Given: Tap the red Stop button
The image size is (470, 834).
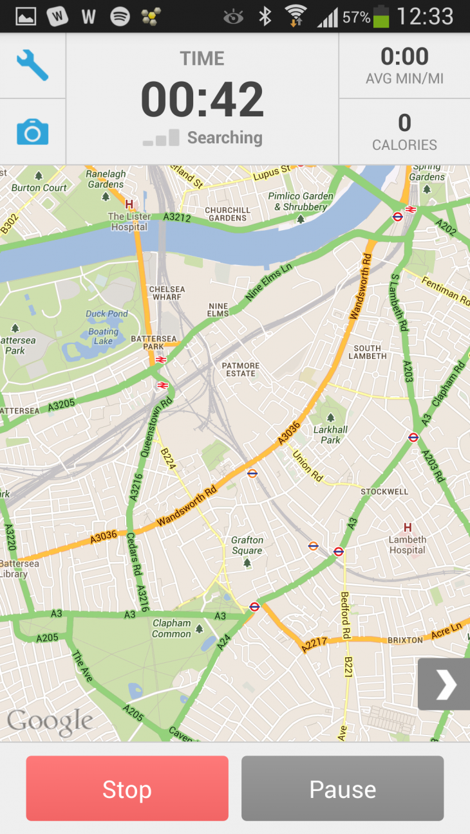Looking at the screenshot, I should pyautogui.click(x=127, y=788).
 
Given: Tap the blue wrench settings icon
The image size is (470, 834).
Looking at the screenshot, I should pyautogui.click(x=32, y=66).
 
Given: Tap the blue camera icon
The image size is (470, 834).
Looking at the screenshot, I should pyautogui.click(x=32, y=132).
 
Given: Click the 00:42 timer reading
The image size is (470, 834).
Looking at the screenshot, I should pyautogui.click(x=202, y=100).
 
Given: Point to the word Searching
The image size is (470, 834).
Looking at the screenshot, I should pyautogui.click(x=225, y=138).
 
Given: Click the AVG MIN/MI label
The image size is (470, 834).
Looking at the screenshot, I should pyautogui.click(x=404, y=80).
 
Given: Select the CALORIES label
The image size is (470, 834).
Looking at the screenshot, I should pyautogui.click(x=404, y=145).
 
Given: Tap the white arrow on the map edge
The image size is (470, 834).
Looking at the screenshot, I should pyautogui.click(x=445, y=684).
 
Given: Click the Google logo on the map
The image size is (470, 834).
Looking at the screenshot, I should pyautogui.click(x=50, y=722).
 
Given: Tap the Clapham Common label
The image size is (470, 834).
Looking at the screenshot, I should pyautogui.click(x=172, y=628).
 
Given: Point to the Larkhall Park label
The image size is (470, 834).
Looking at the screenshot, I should pyautogui.click(x=331, y=435).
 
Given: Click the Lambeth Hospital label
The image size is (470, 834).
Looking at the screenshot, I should pyautogui.click(x=407, y=545).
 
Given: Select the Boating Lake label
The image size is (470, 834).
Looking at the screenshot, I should pyautogui.click(x=104, y=336).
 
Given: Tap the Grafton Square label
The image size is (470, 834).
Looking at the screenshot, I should pyautogui.click(x=247, y=545).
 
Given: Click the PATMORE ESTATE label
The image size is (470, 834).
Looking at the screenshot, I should pyautogui.click(x=240, y=369).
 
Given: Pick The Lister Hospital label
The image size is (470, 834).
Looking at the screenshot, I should pyautogui.click(x=129, y=221).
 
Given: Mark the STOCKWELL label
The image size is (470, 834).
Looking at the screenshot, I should pyautogui.click(x=384, y=491).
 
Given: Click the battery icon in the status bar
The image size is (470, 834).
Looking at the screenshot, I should pyautogui.click(x=381, y=17).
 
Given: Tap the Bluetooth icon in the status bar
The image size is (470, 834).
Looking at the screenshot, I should pyautogui.click(x=265, y=17).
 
